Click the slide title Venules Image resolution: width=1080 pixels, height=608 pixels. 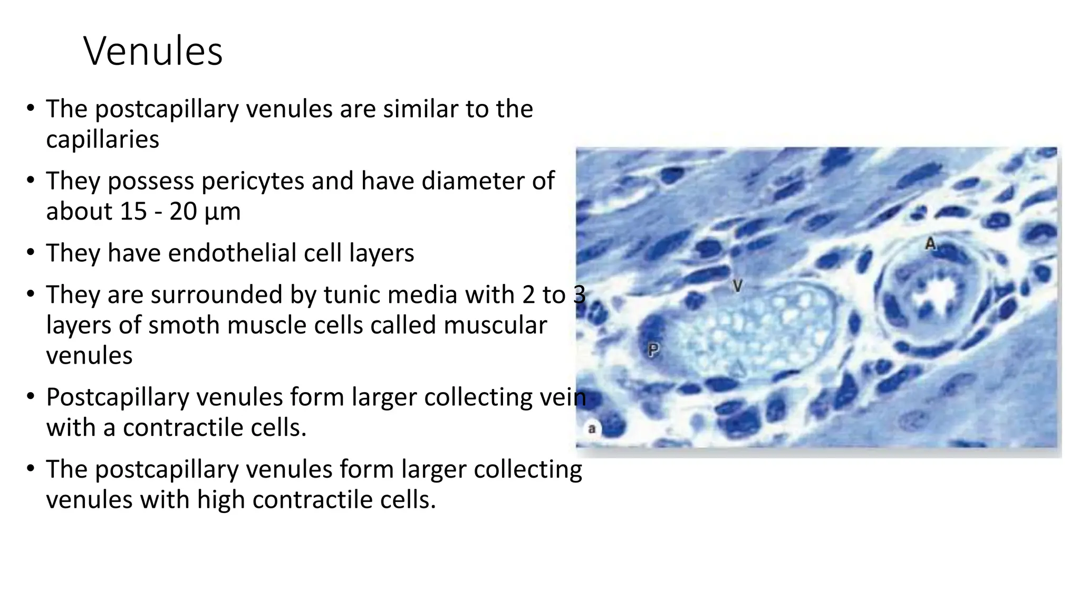153,51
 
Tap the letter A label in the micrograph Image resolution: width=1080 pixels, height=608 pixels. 931,244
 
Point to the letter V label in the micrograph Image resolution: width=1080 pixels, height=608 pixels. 738,286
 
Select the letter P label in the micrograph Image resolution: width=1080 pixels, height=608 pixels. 653,349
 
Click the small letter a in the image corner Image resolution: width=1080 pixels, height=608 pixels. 592,429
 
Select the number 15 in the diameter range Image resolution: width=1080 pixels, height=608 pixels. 133,212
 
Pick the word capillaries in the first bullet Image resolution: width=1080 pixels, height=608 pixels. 102,140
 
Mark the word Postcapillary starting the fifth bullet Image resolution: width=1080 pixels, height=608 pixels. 117,397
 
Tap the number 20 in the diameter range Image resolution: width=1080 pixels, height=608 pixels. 183,212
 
